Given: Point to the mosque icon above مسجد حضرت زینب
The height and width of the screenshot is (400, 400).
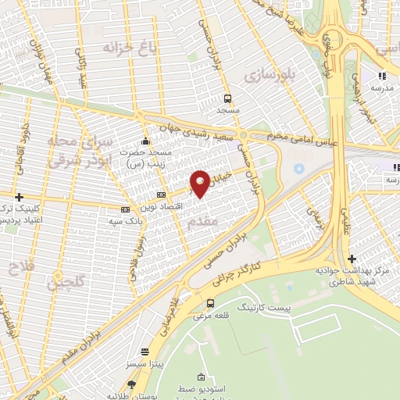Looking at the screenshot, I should [x=145, y=141].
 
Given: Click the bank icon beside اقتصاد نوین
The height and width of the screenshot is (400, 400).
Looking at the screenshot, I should [x=161, y=195].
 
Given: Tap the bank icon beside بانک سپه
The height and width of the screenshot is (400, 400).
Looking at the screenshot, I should [x=124, y=209].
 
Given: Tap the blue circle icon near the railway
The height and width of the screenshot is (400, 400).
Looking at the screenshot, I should [x=298, y=169].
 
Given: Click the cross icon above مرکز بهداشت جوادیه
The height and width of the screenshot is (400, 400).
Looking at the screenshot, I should [x=352, y=259].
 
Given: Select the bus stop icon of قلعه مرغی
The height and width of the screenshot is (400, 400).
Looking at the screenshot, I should [x=209, y=303].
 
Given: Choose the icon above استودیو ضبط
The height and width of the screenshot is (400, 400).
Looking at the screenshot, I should [x=202, y=377].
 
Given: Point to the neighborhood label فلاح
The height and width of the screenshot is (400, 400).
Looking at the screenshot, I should [x=17, y=270].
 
